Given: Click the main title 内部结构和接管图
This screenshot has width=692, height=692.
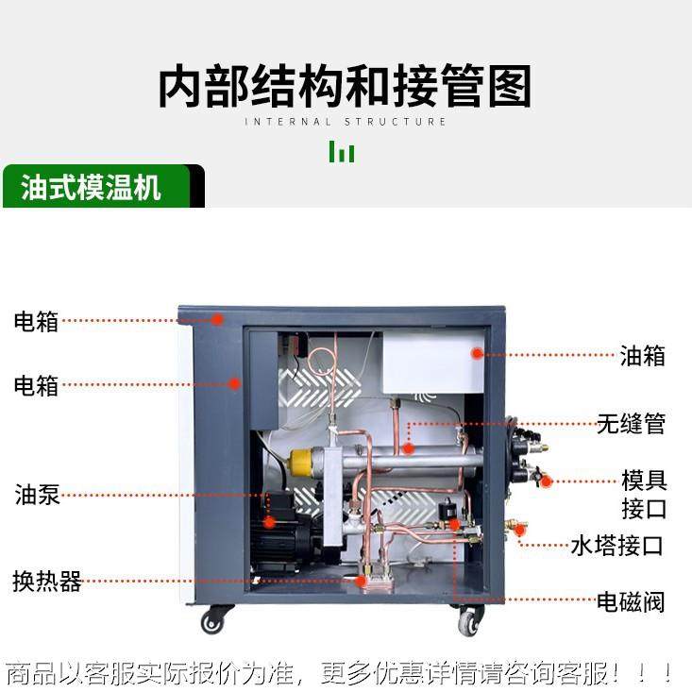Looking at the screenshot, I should coord(345,86).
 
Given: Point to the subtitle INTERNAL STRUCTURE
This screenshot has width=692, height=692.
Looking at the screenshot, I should coord(346,122).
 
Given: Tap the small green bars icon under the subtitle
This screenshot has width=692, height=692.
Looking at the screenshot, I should coord(342,151).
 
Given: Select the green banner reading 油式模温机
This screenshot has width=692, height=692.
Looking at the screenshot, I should coord(93,187).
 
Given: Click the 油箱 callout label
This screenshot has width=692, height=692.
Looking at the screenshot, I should coord(642,356).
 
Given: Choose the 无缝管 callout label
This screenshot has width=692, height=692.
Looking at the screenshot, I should coord(631,424).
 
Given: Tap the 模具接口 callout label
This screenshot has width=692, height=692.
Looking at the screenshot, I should coord(644,495).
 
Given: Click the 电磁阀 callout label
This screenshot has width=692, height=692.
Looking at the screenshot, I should coord(630,601).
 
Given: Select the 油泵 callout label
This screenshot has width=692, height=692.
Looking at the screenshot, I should coord(37,495).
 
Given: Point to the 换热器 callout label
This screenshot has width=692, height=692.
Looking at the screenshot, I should coord(47,582).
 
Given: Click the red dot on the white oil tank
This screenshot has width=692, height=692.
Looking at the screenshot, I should coord(478,354).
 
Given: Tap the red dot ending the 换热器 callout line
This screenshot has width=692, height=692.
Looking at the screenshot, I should coord(361,582).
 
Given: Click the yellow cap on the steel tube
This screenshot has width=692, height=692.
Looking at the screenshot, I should coord(302,463).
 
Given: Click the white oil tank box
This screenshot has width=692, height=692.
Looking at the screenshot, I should coord(432,363).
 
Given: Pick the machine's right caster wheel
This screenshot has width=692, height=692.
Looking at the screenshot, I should coord(468,622).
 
